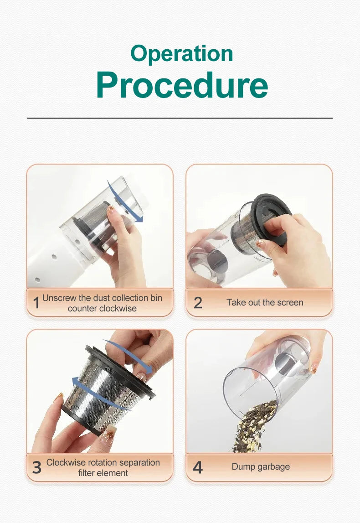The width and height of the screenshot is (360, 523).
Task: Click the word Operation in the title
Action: point(181,54)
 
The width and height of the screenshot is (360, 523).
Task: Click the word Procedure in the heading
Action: point(181,85)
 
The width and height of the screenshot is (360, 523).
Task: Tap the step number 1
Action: point(36,303)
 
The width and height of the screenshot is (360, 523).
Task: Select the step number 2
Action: point(198,303)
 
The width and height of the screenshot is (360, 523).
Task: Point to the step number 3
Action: point(36,467)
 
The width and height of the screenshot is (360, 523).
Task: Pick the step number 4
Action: point(198,467)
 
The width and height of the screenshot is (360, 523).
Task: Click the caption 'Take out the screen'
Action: point(265,302)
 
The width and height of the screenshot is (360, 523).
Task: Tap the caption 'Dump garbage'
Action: point(261,466)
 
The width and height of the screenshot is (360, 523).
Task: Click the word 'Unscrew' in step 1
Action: point(59,298)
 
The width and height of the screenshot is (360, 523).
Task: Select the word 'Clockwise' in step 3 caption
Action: point(66,462)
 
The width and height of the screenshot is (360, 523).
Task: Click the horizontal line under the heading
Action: point(180,118)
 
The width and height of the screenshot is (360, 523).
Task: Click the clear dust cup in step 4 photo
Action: point(269,374)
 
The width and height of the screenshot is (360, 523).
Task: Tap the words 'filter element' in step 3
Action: point(103,473)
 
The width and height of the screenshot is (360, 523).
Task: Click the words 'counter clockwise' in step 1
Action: point(102,308)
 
